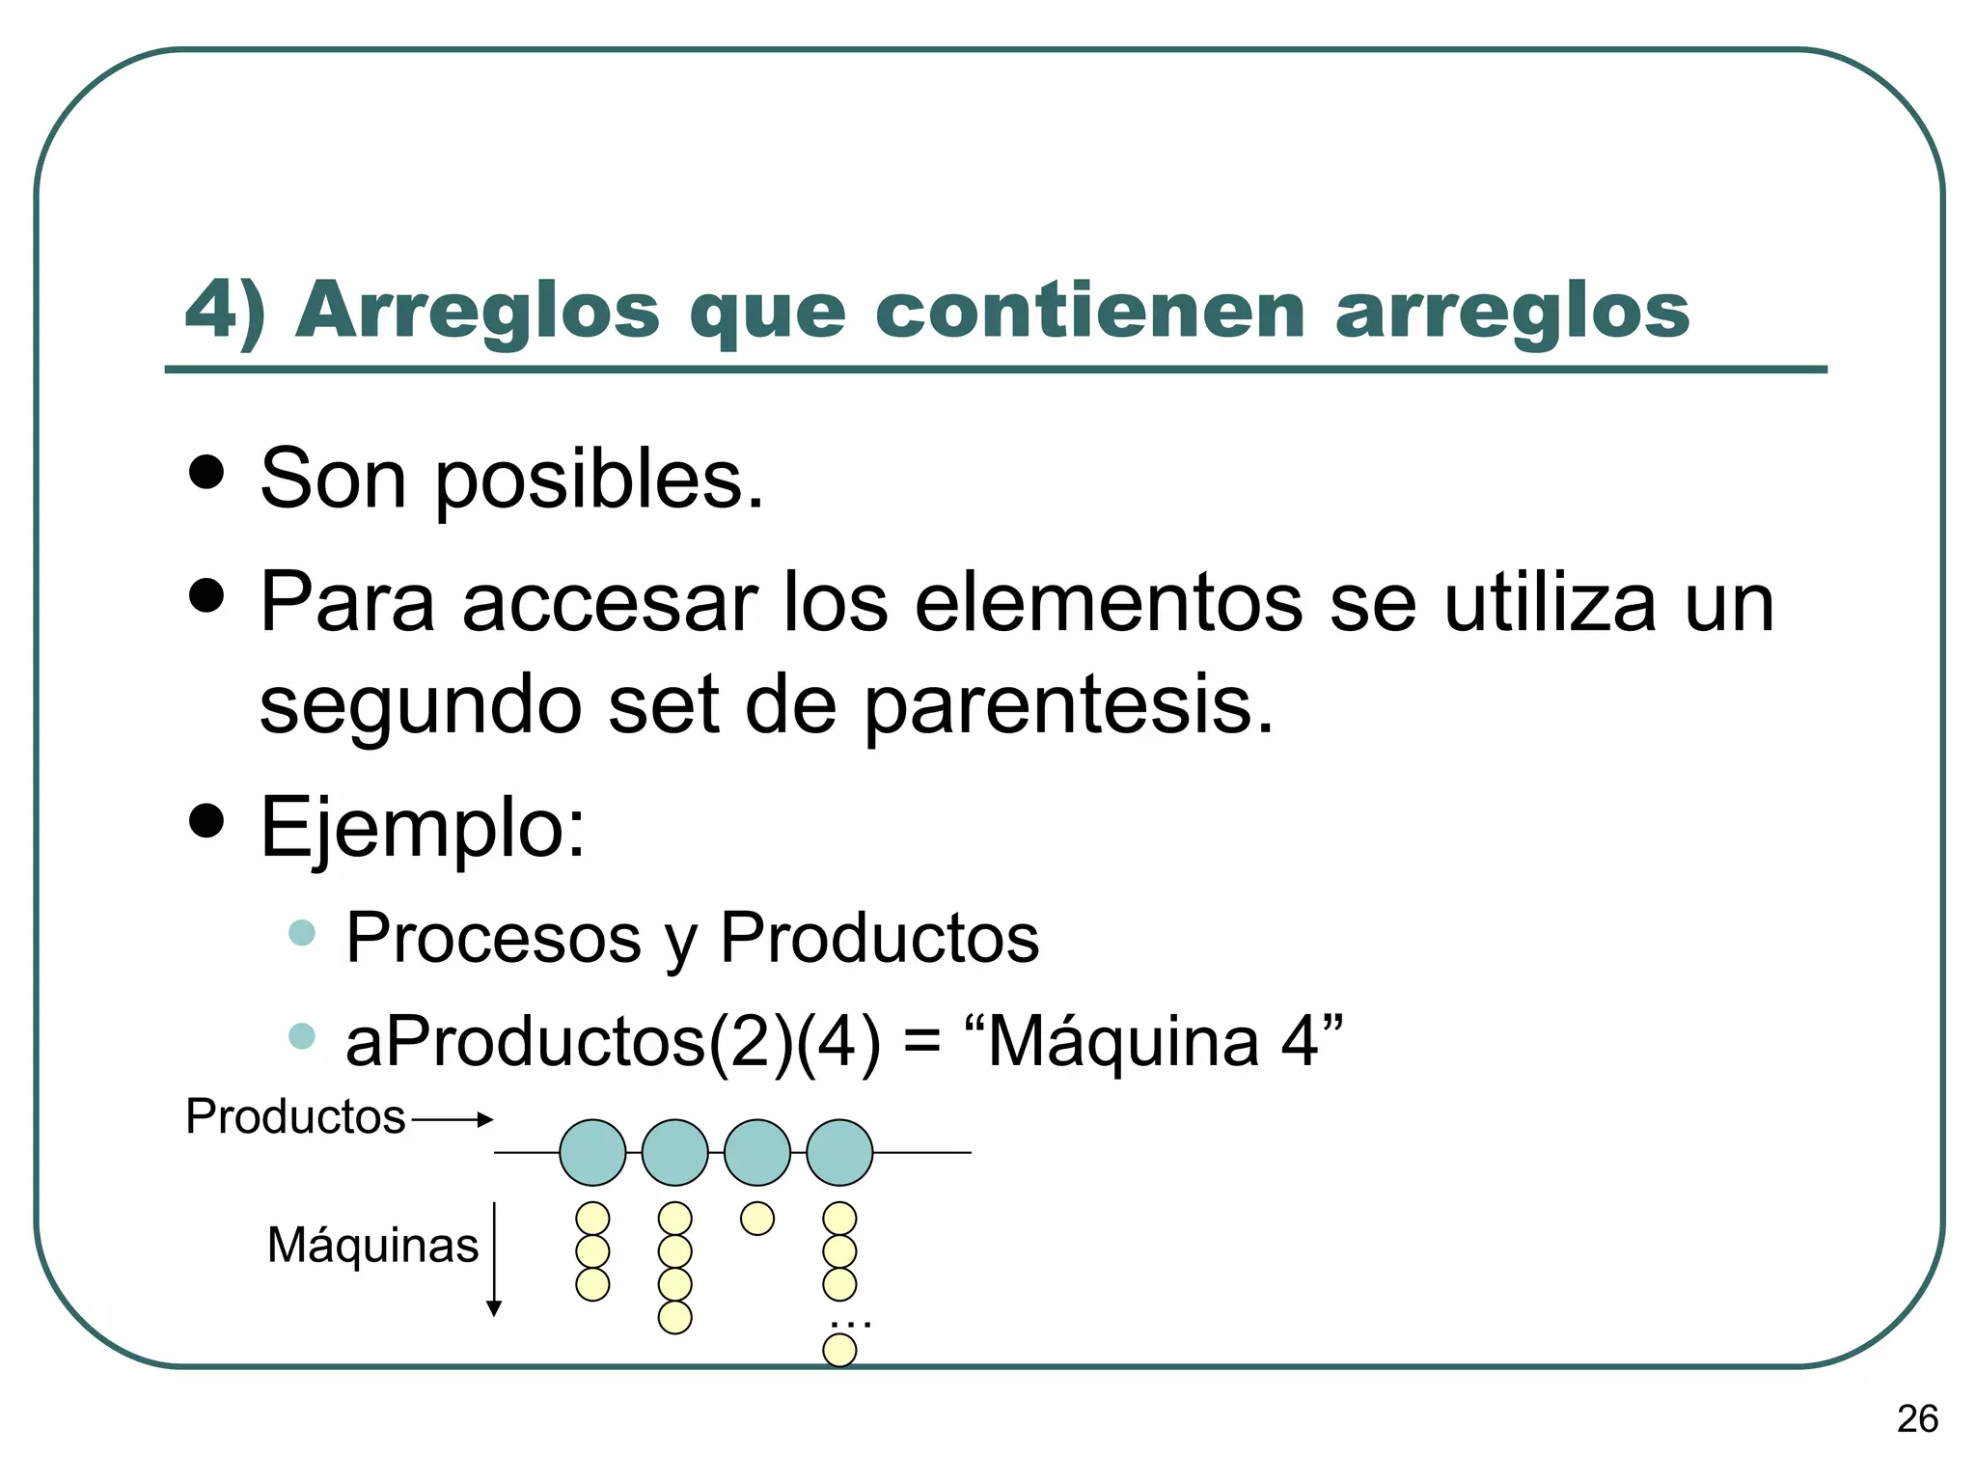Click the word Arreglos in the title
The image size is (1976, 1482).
coord(478,311)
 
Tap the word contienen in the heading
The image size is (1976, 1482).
coord(1089,311)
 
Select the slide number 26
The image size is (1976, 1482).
coord(1916,1418)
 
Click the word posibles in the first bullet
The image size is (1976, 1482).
coord(599,480)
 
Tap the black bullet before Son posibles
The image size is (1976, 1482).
coord(206,473)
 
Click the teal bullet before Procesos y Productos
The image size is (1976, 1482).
coord(302,933)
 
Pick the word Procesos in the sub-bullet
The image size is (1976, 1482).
coord(493,938)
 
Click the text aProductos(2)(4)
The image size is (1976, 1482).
coord(614,1042)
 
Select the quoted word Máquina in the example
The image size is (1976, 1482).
coord(1123,1042)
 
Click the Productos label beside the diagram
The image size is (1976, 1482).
coord(295,1117)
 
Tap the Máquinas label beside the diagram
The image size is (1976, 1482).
coord(372,1245)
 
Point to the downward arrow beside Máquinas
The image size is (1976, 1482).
coord(494,1259)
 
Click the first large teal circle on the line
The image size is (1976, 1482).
coord(592,1152)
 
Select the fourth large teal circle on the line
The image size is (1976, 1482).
coord(839,1152)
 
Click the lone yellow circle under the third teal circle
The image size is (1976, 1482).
coord(757,1219)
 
